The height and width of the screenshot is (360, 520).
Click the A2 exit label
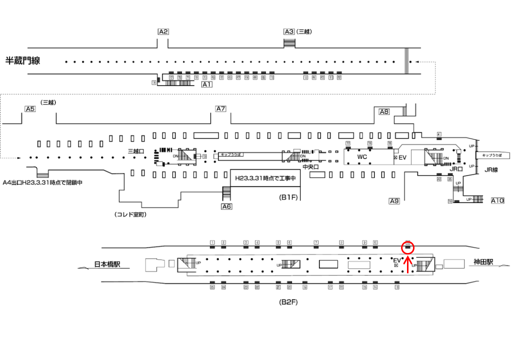[163, 31]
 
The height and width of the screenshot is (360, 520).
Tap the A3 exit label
[289, 31]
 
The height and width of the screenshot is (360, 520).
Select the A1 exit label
[206, 85]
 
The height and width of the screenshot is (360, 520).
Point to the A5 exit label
[30, 109]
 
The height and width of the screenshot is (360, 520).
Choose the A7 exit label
[220, 109]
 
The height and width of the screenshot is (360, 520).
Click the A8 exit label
[384, 112]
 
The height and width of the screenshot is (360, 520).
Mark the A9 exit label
[394, 201]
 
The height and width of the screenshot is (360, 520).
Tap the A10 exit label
[497, 200]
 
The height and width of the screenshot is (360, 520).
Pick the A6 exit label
[226, 206]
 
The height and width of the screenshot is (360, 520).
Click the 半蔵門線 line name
[22, 61]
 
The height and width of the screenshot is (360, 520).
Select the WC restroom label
[362, 156]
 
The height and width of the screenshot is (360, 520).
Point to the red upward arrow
[408, 265]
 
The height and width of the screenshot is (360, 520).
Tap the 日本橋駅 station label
[111, 264]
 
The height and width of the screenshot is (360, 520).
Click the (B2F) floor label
[288, 302]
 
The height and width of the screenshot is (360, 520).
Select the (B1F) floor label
[288, 197]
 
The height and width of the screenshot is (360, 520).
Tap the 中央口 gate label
[311, 167]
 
